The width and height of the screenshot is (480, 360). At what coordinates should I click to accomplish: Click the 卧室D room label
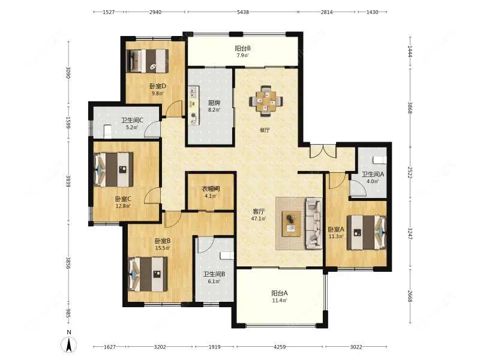point(158,86)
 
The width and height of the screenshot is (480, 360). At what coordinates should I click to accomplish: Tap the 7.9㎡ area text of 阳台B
point(242,56)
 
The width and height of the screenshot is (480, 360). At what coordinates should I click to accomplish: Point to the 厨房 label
point(214,103)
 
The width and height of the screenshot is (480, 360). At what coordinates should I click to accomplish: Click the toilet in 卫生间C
point(107,131)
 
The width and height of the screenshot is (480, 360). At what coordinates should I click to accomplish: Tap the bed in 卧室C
point(113,170)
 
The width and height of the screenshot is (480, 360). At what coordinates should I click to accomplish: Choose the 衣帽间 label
point(211,189)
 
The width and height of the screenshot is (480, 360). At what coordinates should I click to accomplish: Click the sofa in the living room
point(313,223)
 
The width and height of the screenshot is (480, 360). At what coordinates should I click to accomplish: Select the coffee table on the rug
point(291,223)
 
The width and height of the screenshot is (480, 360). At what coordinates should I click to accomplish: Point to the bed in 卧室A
point(367,233)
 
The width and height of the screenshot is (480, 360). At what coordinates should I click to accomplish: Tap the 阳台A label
point(280,293)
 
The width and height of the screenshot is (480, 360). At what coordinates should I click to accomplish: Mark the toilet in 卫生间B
point(227,256)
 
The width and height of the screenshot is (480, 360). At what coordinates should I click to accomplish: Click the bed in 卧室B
point(148,274)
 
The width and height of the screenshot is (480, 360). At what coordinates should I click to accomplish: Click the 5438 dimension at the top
point(243,12)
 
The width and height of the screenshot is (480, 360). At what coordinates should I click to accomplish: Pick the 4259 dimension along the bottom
point(280,347)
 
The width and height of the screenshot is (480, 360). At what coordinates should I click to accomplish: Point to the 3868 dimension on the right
point(410,108)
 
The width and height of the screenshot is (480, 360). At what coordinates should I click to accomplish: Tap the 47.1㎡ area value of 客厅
point(259,218)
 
